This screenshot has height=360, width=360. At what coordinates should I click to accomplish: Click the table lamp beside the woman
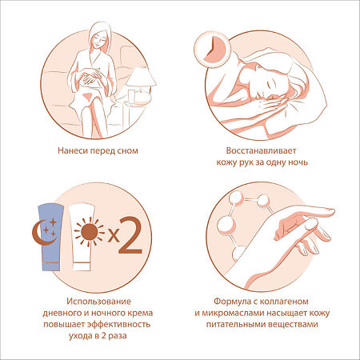pyautogui.click(x=141, y=85)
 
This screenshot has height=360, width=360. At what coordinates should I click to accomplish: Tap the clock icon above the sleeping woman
pyautogui.click(x=212, y=50)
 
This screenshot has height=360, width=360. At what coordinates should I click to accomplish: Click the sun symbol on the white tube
pyautogui.click(x=90, y=232)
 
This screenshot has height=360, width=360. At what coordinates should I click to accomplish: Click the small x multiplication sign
pyautogui.click(x=114, y=235)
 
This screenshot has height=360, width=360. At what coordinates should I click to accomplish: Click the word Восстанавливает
pyautogui.click(x=261, y=150)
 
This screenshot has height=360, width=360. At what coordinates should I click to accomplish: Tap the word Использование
pyautogui.click(x=98, y=302)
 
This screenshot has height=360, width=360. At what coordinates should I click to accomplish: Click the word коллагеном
pyautogui.click(x=284, y=302)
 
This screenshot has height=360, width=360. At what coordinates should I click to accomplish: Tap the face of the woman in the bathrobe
pyautogui.click(x=98, y=38)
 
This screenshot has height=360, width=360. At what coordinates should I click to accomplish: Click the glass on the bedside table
pyautogui.click(x=131, y=97)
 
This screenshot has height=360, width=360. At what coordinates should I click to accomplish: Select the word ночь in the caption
pyautogui.click(x=298, y=162)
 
